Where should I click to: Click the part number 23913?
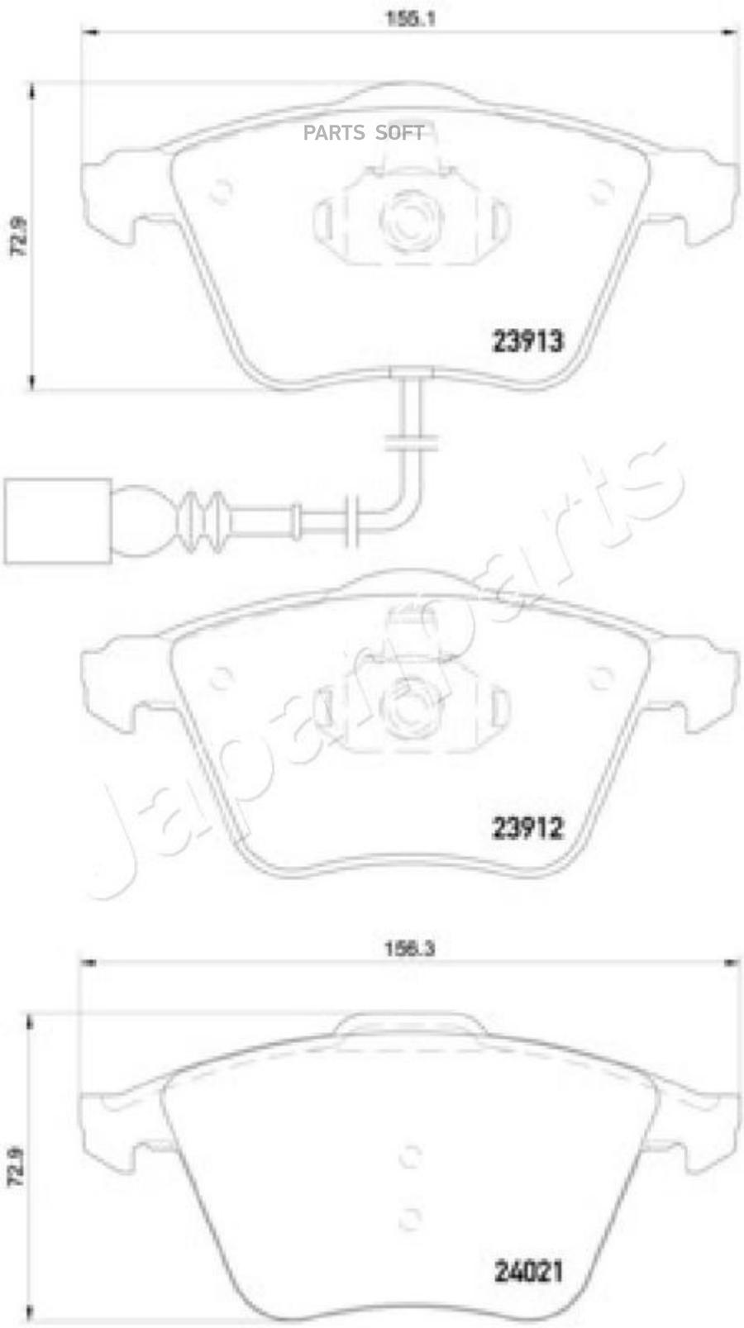coord(527,340)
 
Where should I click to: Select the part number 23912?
coord(527,827)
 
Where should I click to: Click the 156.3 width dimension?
coord(409,949)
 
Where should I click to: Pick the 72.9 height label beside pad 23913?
coord(18,236)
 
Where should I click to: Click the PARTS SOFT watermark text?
coord(364,133)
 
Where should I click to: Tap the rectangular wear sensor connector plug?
coord(57,521)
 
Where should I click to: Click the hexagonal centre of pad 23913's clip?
coord(411,217)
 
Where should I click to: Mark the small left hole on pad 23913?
coord(220,192)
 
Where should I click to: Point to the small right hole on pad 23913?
coord(598,193)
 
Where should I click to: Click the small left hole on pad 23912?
coord(220,678)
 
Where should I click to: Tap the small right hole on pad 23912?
coord(598,678)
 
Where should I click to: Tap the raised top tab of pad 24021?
coord(409,1024)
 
